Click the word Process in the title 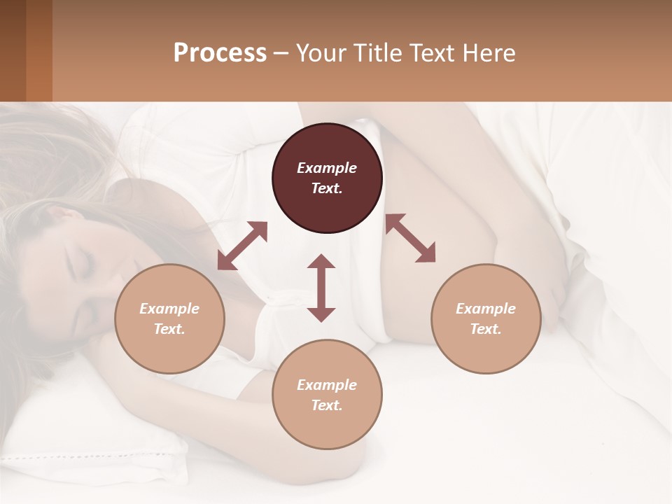(220, 53)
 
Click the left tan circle (169, 318)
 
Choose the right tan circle (486, 318)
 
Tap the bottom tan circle (327, 394)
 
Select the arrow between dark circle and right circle (410, 238)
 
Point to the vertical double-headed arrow (321, 288)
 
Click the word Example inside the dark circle (327, 168)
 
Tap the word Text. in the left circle (169, 329)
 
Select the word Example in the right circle (486, 309)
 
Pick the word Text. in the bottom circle (327, 405)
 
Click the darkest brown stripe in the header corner (13, 50)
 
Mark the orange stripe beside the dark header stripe (39, 50)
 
